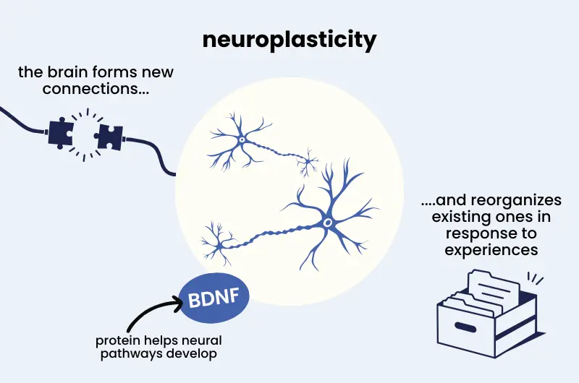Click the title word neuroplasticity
pos(289,40)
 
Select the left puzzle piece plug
pos(62,132)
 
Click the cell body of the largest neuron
pos(327,223)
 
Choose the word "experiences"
pos(492,250)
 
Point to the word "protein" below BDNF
pos(116,340)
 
